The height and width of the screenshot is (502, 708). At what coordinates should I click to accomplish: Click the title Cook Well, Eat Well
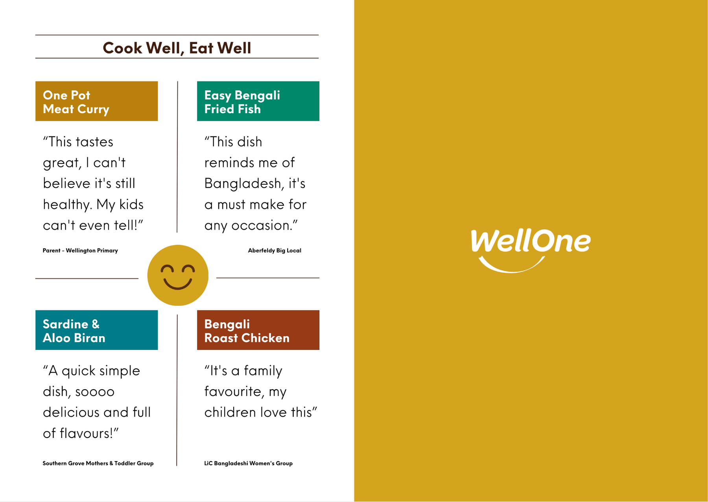177,48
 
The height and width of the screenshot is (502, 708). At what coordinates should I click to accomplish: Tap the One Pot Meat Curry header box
96,101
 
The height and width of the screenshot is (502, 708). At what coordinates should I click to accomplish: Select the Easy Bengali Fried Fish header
258,101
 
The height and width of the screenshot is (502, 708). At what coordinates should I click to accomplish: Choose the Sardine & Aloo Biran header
96,330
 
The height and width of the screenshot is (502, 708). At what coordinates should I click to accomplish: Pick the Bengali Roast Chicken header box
258,330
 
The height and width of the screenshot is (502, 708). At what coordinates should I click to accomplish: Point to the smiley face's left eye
167,269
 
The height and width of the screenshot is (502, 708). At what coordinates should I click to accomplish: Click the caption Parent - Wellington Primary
80,250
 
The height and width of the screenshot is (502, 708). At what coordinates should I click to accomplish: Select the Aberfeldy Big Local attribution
275,250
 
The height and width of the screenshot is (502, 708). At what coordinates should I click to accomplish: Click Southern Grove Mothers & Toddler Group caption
98,463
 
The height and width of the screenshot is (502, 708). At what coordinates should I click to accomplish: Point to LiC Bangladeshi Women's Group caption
248,463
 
